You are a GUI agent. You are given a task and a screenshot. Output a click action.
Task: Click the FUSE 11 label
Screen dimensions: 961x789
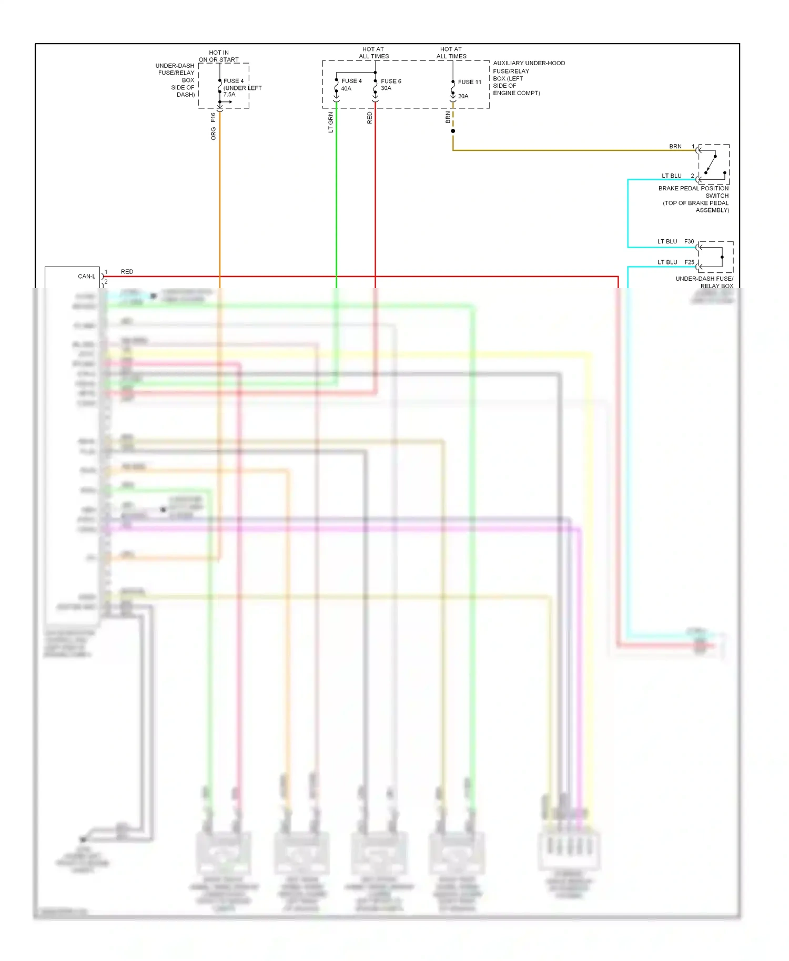469,82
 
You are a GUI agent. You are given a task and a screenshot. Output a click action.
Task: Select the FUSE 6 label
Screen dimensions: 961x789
391,81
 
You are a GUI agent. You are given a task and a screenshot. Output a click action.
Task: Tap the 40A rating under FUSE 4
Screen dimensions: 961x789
346,89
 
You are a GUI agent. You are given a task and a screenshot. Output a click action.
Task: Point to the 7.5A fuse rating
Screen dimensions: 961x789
229,95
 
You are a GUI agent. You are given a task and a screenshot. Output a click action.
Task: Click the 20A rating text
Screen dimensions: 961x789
463,96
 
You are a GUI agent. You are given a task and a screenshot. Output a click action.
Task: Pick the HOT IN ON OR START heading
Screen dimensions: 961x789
219,56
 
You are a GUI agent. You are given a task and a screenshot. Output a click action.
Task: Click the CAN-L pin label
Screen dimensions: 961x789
86,277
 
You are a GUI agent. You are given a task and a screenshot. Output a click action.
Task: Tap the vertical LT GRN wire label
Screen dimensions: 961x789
331,122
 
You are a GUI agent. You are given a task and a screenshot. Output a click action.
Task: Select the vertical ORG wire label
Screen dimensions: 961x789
213,134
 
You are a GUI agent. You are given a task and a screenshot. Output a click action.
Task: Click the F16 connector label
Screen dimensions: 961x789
213,117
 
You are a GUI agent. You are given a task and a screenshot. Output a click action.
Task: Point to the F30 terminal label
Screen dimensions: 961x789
689,242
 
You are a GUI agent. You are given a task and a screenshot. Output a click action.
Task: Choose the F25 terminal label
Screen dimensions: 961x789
689,262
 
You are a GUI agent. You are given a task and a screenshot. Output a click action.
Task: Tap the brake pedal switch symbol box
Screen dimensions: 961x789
714,164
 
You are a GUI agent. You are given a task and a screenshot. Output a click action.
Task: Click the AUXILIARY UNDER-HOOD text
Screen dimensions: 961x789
529,63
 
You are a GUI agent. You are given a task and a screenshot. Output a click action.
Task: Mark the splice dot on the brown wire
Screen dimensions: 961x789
453,131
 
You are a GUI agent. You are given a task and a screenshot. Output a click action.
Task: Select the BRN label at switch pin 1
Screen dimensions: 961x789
675,147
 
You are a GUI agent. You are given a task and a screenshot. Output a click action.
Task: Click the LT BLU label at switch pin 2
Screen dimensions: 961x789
672,176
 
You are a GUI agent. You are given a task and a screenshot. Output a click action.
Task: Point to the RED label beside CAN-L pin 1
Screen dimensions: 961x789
127,272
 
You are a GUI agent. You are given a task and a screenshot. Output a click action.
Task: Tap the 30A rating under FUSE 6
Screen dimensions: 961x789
386,88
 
